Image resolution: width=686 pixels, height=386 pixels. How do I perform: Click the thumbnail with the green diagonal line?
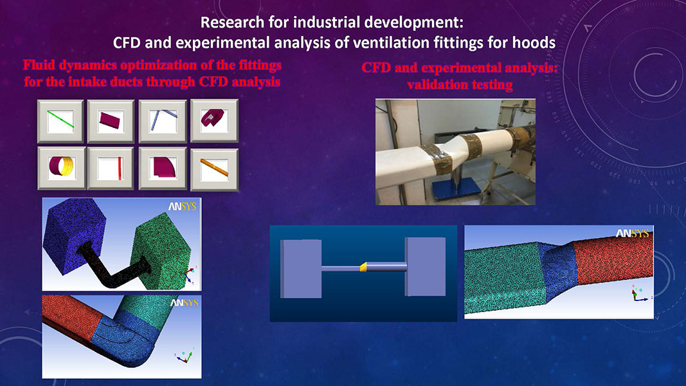click(x=60, y=121)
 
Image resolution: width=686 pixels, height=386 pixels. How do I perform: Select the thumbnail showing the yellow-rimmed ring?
click(x=61, y=168)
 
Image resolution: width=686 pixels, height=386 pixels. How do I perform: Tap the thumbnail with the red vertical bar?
click(x=110, y=169)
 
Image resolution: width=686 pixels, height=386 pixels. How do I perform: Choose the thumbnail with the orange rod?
click(x=214, y=169)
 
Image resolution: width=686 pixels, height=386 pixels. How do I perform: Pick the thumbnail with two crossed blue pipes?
click(x=163, y=121)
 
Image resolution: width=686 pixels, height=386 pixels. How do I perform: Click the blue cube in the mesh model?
click(x=75, y=234)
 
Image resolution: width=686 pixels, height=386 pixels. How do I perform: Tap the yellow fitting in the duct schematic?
click(x=363, y=266)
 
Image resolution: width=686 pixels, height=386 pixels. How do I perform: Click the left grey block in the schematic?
click(x=300, y=269)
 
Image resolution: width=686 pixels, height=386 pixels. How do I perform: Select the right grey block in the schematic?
click(x=425, y=266)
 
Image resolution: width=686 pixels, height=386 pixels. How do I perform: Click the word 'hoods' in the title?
click(x=535, y=42)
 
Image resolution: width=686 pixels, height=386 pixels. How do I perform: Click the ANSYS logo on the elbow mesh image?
click(x=184, y=303)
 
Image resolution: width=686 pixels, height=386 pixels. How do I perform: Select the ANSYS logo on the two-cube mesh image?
click(x=183, y=207)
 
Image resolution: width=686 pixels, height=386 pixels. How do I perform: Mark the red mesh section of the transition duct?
click(x=613, y=258)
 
